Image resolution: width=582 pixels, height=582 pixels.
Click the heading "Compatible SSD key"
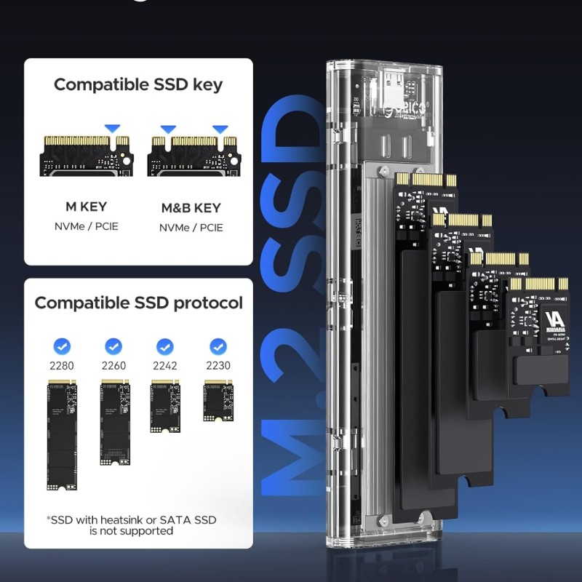tap(138, 84)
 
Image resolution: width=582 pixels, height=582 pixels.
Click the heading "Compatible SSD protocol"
tap(138, 303)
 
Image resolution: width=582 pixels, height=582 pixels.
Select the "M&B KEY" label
tap(191, 208)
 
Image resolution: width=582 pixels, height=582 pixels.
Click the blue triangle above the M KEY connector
tap(112, 129)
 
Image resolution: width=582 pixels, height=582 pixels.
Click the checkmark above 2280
tap(62, 346)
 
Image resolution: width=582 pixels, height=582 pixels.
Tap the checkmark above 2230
tap(218, 346)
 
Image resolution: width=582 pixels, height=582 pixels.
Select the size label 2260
tap(113, 365)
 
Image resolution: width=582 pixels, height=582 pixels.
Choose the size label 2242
tap(165, 365)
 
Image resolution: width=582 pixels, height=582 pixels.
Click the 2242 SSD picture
tap(165, 407)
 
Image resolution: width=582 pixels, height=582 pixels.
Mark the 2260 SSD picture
tap(113, 422)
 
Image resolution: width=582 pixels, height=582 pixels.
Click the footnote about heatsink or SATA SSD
tap(131, 525)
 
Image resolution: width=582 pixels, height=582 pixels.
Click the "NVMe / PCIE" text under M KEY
tap(86, 226)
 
